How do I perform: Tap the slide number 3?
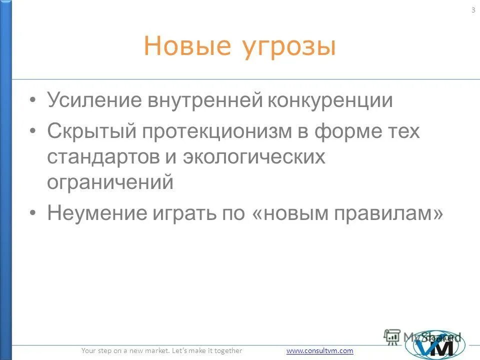tap(473, 11)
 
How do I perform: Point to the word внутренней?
tap(205, 100)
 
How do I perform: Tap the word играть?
tap(182, 214)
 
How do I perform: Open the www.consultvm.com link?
tap(320, 351)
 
